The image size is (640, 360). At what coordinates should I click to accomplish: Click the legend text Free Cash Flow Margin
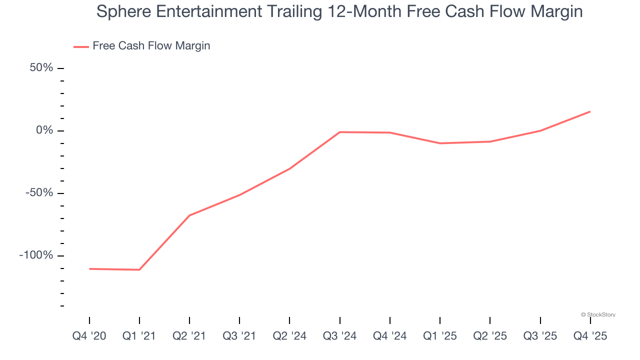click(x=151, y=46)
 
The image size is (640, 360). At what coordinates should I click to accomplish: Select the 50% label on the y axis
click(x=41, y=67)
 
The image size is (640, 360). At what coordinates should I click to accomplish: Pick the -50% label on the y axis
click(x=39, y=193)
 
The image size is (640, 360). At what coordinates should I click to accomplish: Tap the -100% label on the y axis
click(x=36, y=255)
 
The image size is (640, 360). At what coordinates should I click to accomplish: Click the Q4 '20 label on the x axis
click(x=89, y=336)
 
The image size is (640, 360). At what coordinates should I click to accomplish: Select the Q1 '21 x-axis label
click(x=139, y=336)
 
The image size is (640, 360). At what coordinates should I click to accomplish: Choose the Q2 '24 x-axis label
click(x=289, y=336)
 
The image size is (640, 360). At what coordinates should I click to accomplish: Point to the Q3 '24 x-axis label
click(x=339, y=336)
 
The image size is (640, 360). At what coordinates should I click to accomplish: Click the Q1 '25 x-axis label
click(x=440, y=336)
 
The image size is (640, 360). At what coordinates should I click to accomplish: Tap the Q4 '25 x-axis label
click(x=590, y=336)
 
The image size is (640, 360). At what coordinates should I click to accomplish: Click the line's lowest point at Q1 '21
click(x=139, y=270)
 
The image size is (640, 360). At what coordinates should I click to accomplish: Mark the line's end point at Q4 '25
click(x=590, y=111)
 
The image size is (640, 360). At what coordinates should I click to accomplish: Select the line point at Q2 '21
click(x=189, y=215)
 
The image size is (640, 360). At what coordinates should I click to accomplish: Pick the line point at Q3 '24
click(x=340, y=132)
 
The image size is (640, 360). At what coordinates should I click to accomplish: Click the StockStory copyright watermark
click(x=598, y=315)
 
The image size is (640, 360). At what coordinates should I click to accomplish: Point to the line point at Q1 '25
click(x=440, y=143)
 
